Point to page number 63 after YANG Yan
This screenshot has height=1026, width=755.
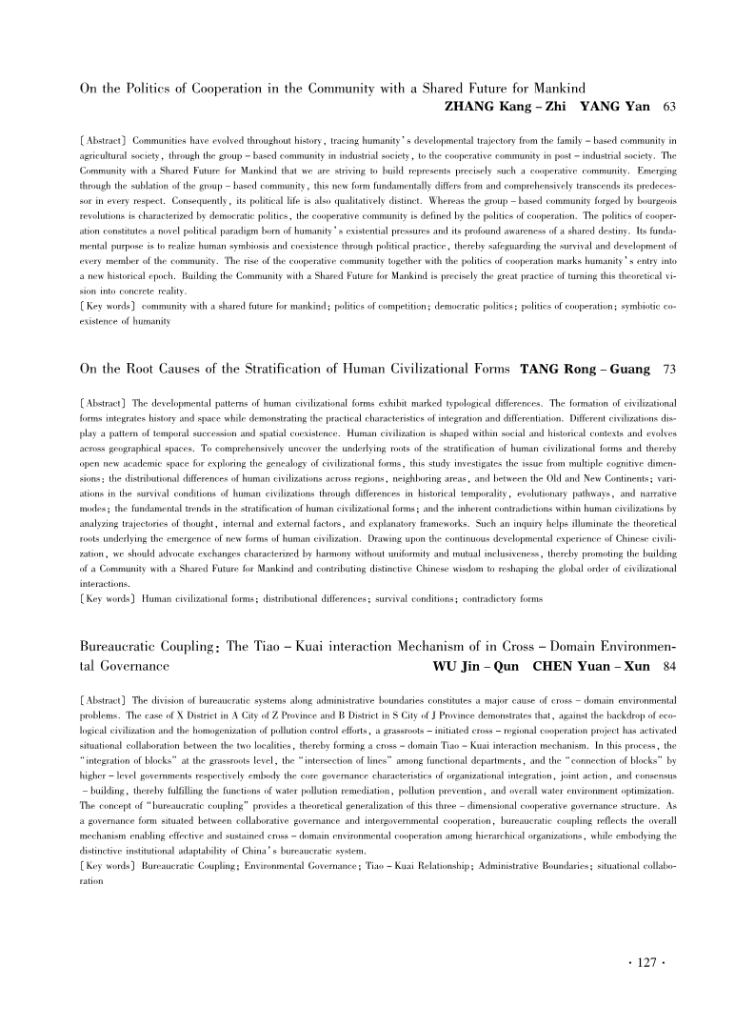[669, 105]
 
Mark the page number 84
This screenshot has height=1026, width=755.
[669, 666]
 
